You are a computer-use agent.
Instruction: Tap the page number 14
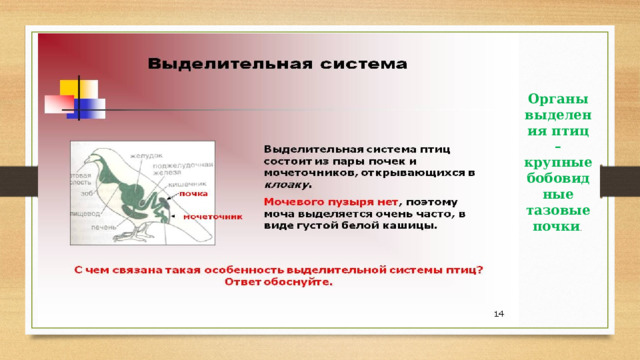point(498,315)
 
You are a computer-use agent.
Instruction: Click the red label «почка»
point(193,193)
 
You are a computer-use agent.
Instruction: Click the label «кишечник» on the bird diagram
point(197,184)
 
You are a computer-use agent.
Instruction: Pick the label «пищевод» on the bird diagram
point(84,213)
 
